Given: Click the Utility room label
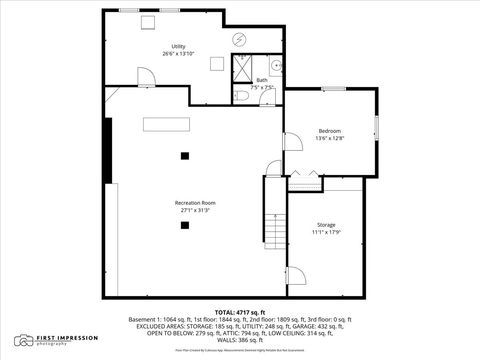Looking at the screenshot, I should pos(178,46).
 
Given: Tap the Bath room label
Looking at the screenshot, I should pos(262,79).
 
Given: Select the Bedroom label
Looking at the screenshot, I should pos(330,131).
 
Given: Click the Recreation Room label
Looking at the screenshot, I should pos(195,203).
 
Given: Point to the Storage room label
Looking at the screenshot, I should pos(327,225).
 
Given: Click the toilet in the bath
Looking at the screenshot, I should pos(244,95).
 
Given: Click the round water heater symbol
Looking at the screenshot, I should pos(240,40).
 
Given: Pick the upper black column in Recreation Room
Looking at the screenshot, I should pos(184,155).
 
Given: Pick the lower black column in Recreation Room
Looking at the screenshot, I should pos(184,225).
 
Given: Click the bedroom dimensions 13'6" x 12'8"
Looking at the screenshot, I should pos(330,139).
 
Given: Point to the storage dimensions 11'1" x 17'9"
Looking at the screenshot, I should pos(327,233).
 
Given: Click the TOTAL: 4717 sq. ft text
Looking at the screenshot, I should pos(240,313).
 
